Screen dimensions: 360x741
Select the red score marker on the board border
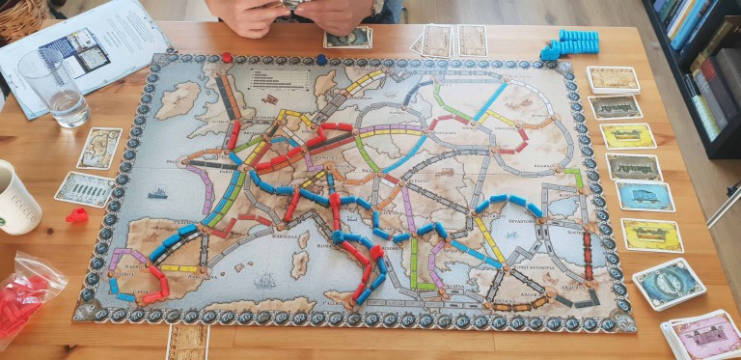(x=227, y=57)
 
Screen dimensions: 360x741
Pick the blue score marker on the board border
(x=321, y=59)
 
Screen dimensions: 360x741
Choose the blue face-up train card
(x=645, y=196)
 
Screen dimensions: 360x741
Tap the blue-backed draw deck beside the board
(x=668, y=283)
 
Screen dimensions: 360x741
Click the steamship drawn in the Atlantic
(x=157, y=193)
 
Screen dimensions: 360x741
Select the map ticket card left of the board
(x=99, y=148)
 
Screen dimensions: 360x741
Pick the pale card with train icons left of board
(x=84, y=189)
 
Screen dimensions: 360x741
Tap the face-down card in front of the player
(x=348, y=37)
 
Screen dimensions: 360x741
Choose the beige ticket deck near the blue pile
(x=614, y=79)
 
